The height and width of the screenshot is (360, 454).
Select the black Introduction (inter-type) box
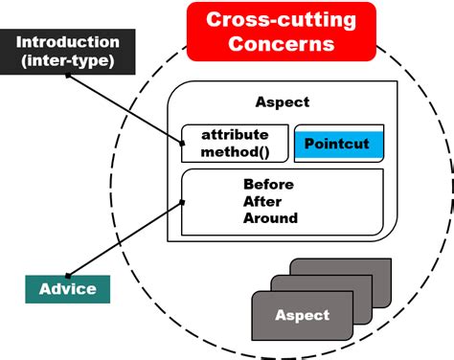tap(67, 51)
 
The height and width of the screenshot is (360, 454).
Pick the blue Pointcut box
tap(338, 145)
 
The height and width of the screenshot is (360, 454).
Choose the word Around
tap(270, 217)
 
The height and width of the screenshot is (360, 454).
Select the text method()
tap(235, 152)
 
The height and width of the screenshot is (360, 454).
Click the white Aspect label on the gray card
tap(302, 315)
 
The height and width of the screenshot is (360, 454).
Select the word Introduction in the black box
tap(67, 42)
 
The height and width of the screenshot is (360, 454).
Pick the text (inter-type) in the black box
tap(67, 59)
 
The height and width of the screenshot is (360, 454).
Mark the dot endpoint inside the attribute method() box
tap(184, 144)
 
